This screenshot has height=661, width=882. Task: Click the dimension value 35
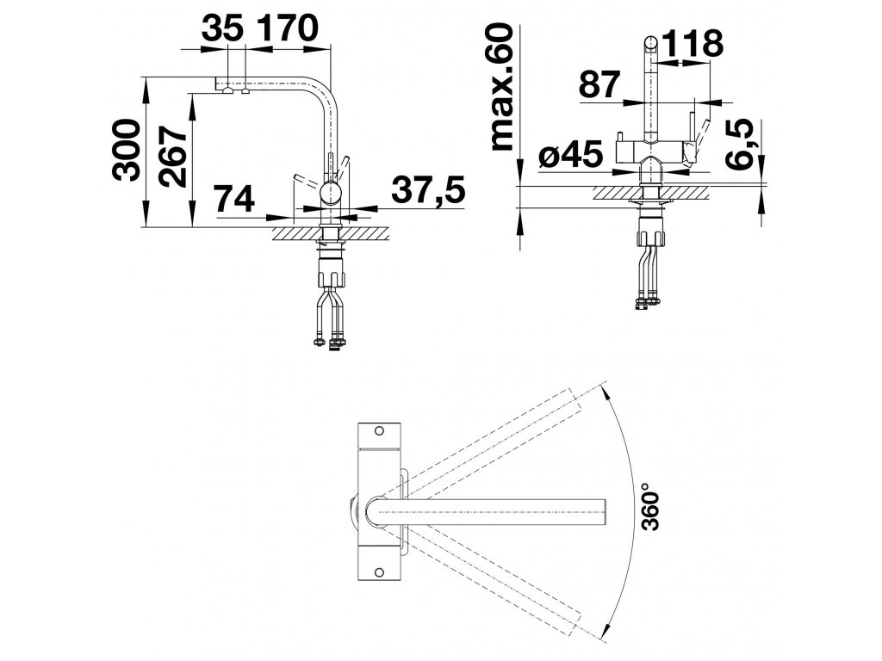[222, 28]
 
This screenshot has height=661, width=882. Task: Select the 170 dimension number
[288, 28]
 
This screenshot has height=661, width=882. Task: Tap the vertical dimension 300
[126, 150]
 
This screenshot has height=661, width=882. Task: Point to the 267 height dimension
[172, 156]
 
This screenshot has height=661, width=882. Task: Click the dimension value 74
[234, 198]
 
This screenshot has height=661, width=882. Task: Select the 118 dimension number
[693, 43]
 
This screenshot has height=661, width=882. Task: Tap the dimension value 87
[599, 85]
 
